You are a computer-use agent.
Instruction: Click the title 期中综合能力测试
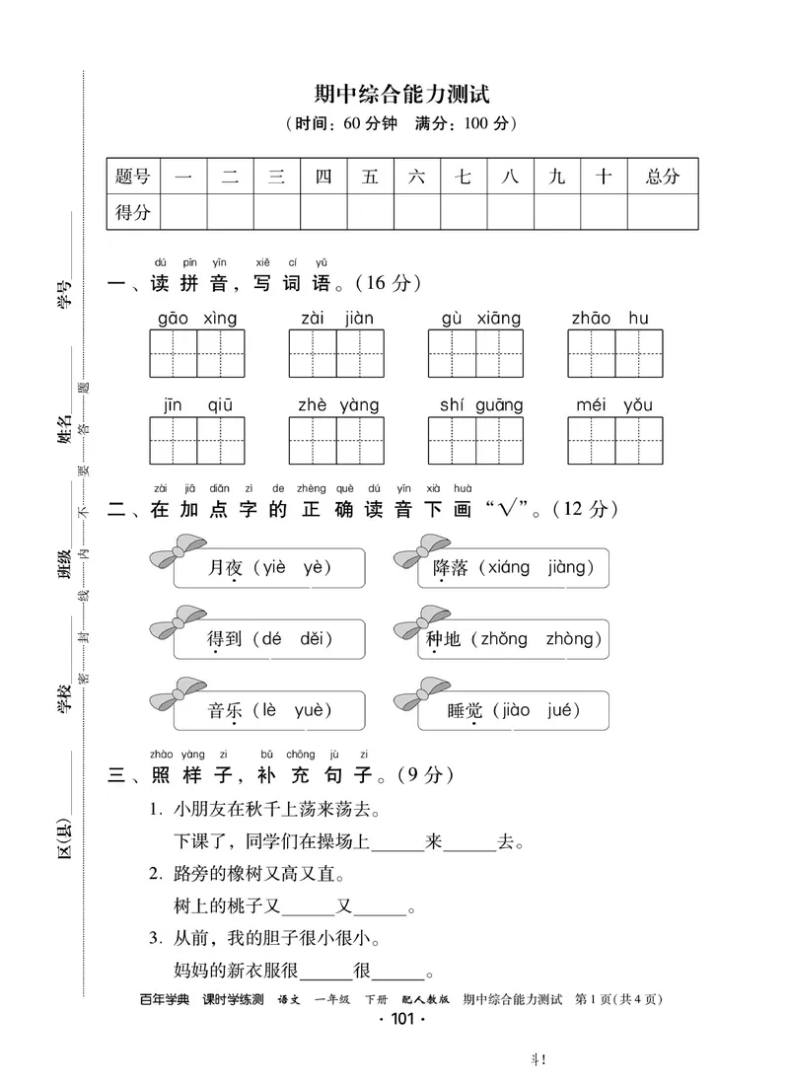401,95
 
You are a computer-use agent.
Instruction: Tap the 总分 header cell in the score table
663,177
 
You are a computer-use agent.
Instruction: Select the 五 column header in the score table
370,177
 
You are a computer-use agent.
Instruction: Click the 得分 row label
133,212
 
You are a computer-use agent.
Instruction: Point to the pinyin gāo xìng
197,319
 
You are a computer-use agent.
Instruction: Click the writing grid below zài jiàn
336,354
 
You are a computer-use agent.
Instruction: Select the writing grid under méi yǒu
615,440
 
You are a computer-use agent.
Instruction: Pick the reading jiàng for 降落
564,567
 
